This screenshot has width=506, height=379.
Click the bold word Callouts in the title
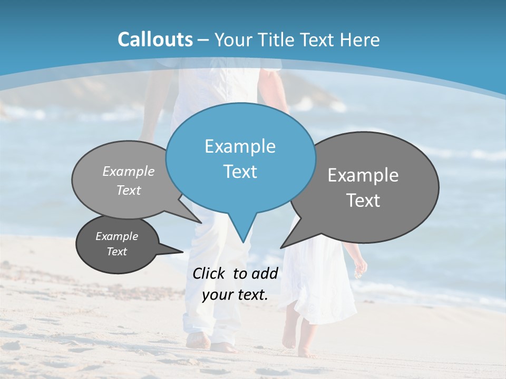155,39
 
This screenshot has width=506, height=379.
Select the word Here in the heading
361,39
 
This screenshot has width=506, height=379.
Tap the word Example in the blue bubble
240,146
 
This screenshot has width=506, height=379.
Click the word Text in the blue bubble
240,172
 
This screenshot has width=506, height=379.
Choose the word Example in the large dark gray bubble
363,175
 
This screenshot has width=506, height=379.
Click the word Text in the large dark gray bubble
363,201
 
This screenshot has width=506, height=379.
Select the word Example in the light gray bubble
129,171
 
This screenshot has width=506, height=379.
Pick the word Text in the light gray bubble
129,190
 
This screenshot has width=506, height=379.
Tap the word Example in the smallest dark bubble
116,236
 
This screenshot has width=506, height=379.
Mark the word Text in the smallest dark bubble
116,252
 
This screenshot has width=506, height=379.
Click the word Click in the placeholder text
210,273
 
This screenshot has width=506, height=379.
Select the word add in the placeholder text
265,273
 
